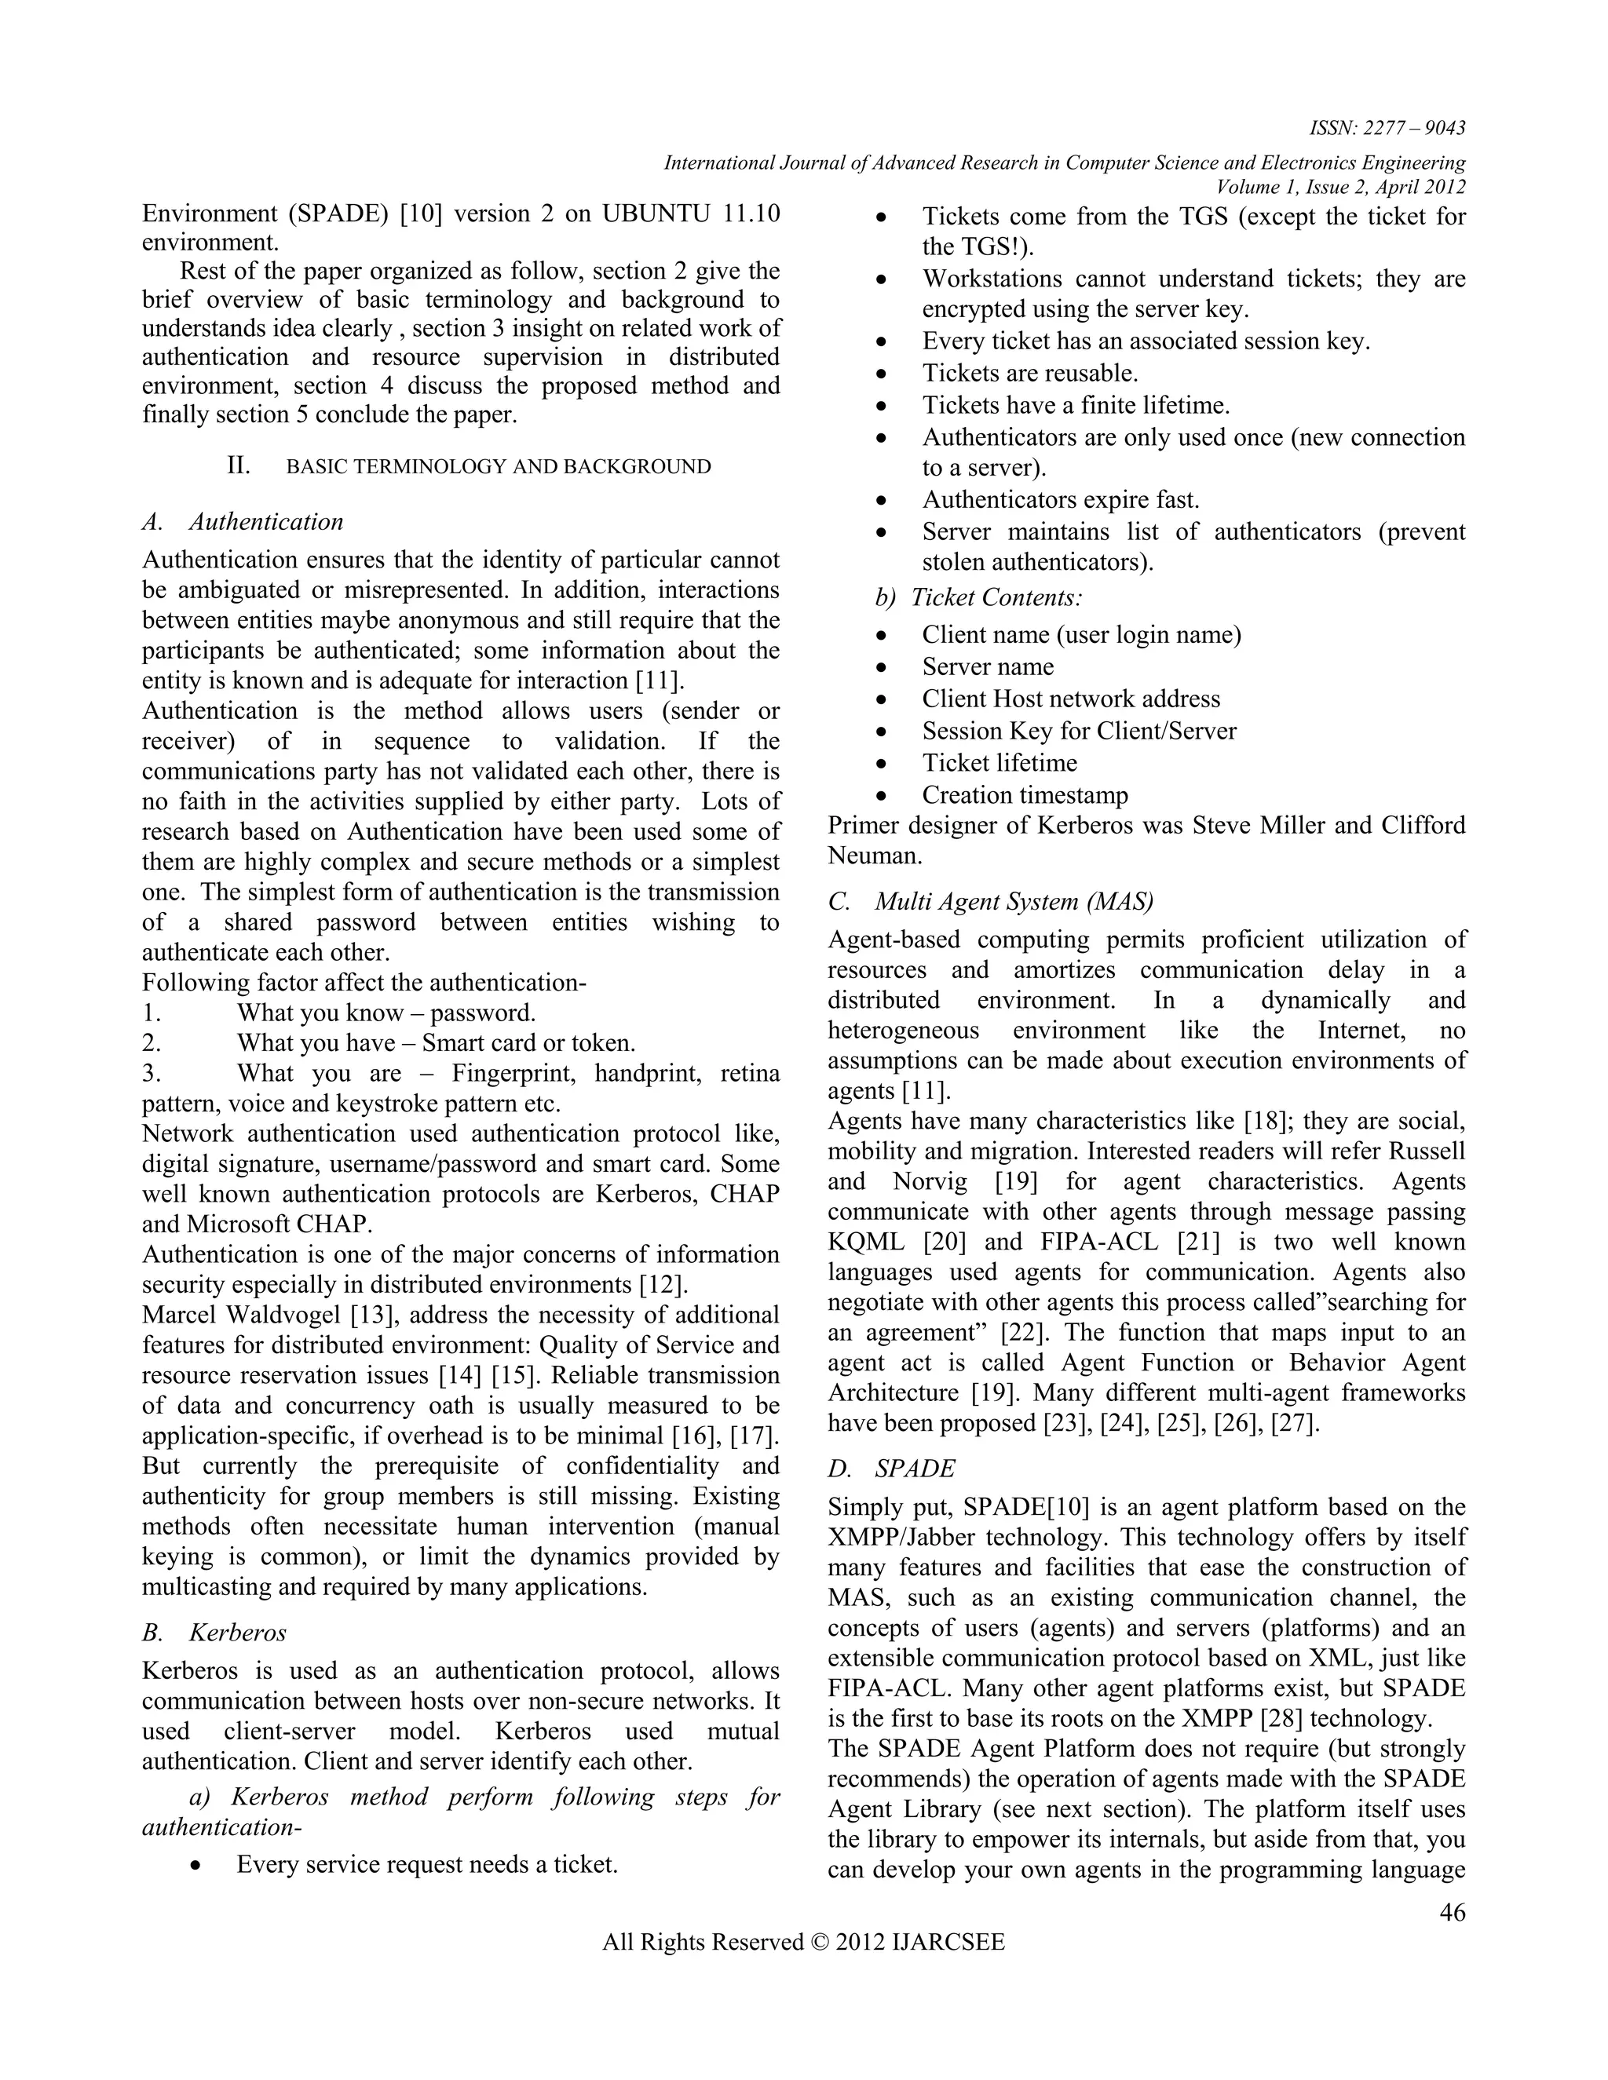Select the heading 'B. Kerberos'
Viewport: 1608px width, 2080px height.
(214, 1633)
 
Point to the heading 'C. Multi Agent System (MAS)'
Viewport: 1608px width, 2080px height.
(991, 901)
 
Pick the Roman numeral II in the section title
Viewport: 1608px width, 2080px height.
(238, 465)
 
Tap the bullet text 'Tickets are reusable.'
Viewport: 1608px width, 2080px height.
(1030, 374)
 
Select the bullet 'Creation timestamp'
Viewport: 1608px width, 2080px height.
(1025, 795)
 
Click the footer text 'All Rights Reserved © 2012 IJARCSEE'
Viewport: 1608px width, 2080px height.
(803, 1942)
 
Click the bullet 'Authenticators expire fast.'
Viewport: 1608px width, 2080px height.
(1060, 500)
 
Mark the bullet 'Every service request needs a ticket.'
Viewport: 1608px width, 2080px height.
(427, 1864)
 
